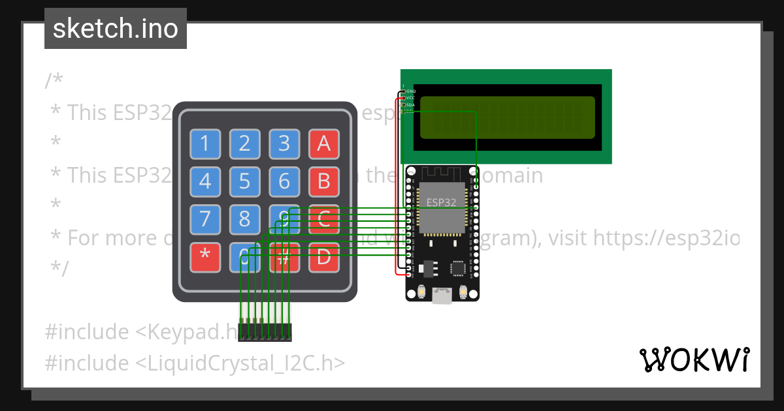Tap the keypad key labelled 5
click(x=244, y=181)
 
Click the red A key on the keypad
click(x=323, y=144)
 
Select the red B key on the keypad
click(x=323, y=181)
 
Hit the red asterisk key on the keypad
click(x=205, y=257)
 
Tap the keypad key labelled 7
click(x=205, y=219)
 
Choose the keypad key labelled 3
click(x=284, y=144)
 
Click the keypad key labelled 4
click(x=205, y=181)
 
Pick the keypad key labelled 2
click(x=244, y=144)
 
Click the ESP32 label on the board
click(x=442, y=202)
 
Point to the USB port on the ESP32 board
click(x=442, y=296)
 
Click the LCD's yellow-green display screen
click(x=507, y=117)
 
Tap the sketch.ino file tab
click(x=116, y=29)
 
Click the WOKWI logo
click(x=694, y=360)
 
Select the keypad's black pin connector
click(x=265, y=331)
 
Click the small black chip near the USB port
click(x=459, y=267)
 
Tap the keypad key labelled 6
click(x=284, y=181)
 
